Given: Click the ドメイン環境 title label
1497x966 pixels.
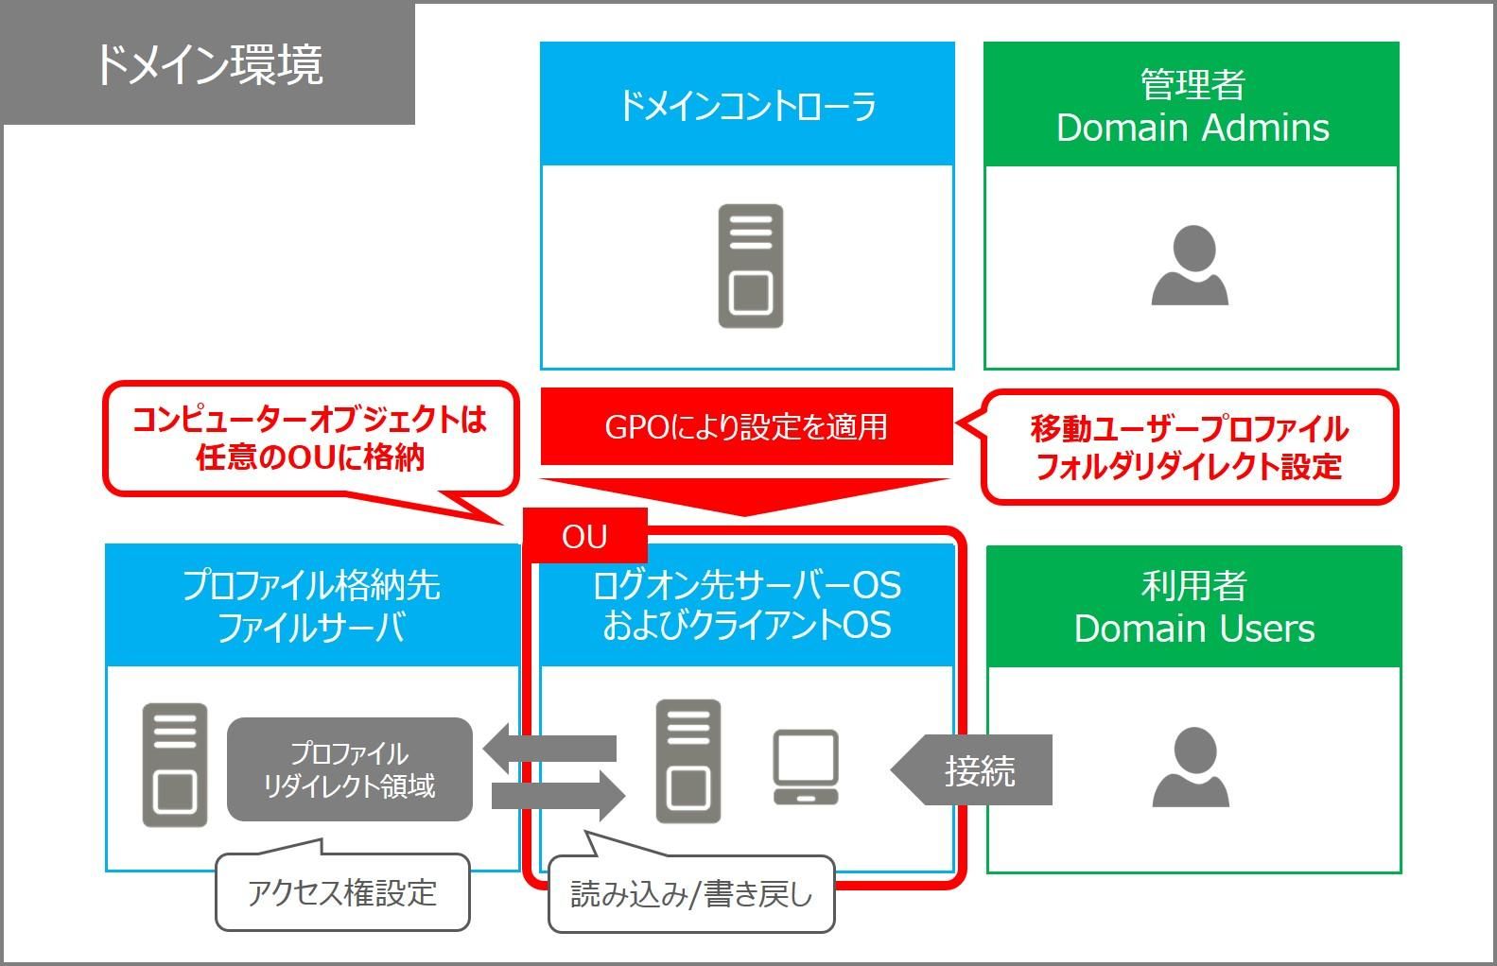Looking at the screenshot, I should [209, 64].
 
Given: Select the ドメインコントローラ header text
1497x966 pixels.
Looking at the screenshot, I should [747, 105].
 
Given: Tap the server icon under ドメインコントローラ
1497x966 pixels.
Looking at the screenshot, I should [750, 266].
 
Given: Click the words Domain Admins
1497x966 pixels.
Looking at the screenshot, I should [1192, 128].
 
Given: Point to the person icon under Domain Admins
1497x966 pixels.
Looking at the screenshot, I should [1190, 266].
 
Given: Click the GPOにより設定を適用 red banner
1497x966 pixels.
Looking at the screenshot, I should [746, 426].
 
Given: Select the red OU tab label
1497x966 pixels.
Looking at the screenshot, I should [584, 537].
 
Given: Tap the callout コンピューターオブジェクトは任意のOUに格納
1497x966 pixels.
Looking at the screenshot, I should [309, 438].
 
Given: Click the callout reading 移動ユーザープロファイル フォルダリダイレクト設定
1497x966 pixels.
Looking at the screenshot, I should [1189, 447].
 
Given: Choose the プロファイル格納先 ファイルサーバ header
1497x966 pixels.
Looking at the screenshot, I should [311, 606].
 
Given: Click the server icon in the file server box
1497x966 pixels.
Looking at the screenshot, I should [175, 765].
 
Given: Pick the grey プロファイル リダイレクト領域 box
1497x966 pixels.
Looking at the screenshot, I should [349, 769].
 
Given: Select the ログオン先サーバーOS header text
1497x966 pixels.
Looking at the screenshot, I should [746, 586].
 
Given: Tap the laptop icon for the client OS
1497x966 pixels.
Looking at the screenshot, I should [805, 767].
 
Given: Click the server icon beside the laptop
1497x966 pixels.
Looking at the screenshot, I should [688, 761].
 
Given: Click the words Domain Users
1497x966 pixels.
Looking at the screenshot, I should [1193, 629].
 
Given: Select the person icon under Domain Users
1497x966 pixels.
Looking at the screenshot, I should [1191, 767].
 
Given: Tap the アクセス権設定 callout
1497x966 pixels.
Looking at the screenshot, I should [342, 892].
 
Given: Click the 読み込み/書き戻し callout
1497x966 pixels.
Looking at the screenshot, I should [691, 894].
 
